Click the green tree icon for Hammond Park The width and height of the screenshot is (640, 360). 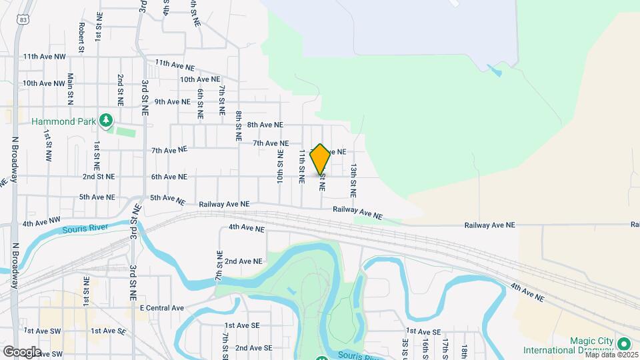(105, 120)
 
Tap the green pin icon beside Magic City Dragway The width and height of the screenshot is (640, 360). (624, 344)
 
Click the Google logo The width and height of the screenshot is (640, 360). (22, 351)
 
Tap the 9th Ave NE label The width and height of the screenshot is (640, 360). (173, 102)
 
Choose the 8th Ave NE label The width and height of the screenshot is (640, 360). (265, 125)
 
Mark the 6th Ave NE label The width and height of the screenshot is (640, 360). (169, 177)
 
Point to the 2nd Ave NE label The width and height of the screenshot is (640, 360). (243, 261)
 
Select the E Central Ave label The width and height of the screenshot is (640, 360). (161, 308)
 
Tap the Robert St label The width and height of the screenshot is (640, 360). (81, 37)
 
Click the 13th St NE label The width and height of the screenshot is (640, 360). (353, 181)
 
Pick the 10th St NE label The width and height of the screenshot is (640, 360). (280, 167)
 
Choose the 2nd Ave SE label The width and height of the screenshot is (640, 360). (253, 348)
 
